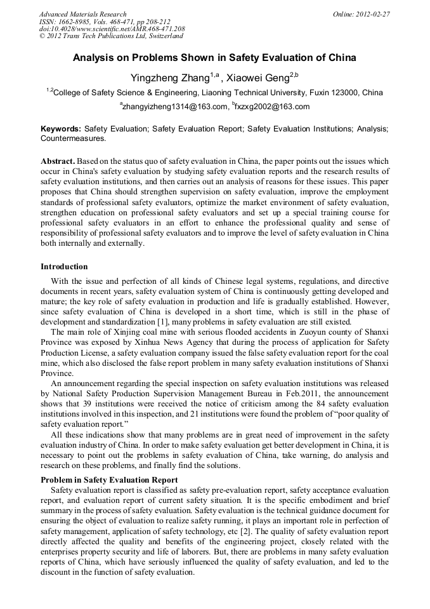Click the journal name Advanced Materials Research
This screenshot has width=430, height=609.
[x=82, y=14]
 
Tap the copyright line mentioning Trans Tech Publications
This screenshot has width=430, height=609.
[x=111, y=36]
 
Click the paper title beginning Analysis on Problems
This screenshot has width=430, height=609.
[x=214, y=58]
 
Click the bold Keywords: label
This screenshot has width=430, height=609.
[x=61, y=128]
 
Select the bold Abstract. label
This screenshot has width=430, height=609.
[x=59, y=162]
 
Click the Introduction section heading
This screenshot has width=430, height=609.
[x=64, y=267]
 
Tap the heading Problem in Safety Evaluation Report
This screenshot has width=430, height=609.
[x=109, y=480]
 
